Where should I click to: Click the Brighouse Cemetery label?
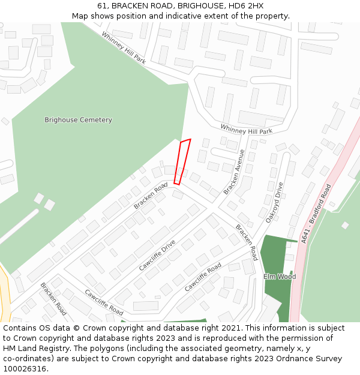[x=78, y=120]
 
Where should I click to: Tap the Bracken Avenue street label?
[x=234, y=172]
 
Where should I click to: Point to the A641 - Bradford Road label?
[x=316, y=213]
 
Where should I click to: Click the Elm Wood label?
[x=280, y=277]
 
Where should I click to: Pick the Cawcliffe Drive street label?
[x=157, y=256]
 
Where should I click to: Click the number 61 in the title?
[x=101, y=6]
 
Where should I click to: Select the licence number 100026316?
[x=25, y=369]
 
